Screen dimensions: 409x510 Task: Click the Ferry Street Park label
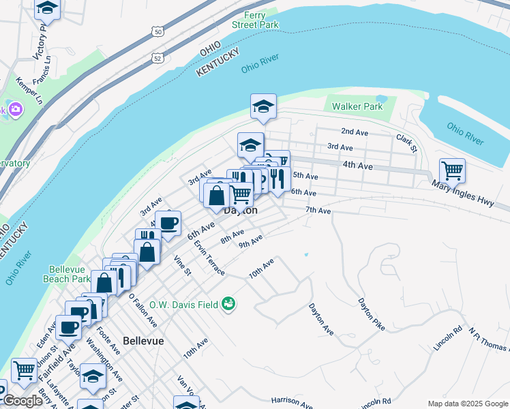click(x=260, y=20)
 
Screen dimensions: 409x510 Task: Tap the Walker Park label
click(x=357, y=107)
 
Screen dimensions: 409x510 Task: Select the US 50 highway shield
click(x=158, y=32)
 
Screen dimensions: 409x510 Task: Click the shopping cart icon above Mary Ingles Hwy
click(x=452, y=170)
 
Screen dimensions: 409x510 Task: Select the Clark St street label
click(x=406, y=141)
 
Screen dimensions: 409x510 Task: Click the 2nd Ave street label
click(x=355, y=132)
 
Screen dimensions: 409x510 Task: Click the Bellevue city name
click(x=143, y=340)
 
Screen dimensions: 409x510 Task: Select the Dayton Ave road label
click(x=321, y=319)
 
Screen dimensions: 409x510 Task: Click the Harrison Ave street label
click(x=291, y=401)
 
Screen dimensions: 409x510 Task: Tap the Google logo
click(x=22, y=401)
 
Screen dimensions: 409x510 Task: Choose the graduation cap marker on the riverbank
click(x=263, y=106)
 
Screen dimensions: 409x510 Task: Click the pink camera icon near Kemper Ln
click(x=15, y=109)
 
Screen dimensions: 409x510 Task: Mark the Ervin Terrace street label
click(x=209, y=258)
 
